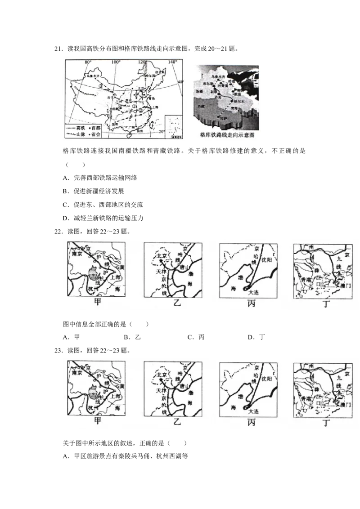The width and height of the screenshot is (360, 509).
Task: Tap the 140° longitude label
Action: pyautogui.click(x=172, y=61)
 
